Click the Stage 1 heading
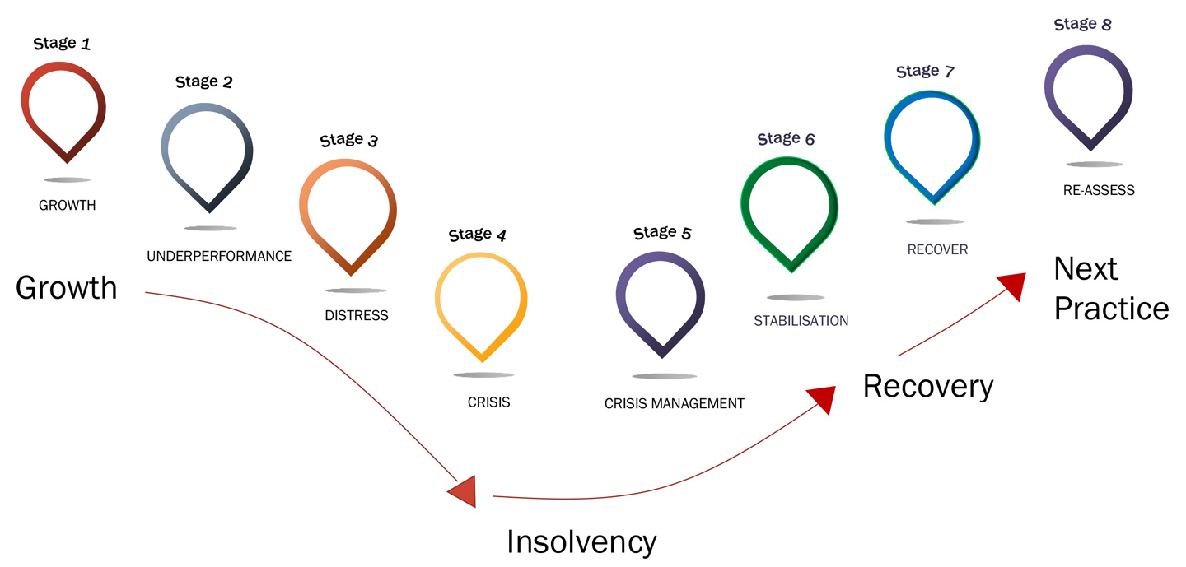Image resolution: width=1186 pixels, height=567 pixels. pyautogui.click(x=62, y=44)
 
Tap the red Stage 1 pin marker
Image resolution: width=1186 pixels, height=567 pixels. pyautogui.click(x=63, y=107)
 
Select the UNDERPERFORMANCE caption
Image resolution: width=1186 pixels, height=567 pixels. pyautogui.click(x=219, y=256)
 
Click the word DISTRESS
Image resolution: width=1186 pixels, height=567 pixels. pyautogui.click(x=356, y=315)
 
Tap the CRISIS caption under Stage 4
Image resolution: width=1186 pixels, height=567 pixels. pyautogui.click(x=488, y=402)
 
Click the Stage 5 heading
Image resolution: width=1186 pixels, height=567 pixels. pyautogui.click(x=662, y=233)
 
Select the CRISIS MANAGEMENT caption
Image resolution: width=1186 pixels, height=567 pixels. pyautogui.click(x=674, y=403)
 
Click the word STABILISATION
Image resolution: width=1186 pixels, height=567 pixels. pyautogui.click(x=801, y=320)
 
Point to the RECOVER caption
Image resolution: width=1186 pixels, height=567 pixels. pyautogui.click(x=937, y=249)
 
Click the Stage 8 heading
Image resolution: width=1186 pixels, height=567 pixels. pyautogui.click(x=1082, y=25)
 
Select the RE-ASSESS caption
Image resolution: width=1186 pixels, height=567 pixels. pyautogui.click(x=1099, y=190)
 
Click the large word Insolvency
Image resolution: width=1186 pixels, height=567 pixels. pyautogui.click(x=581, y=541)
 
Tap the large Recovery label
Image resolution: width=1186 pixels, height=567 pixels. pyautogui.click(x=928, y=385)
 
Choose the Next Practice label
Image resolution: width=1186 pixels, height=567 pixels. pyautogui.click(x=1110, y=288)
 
